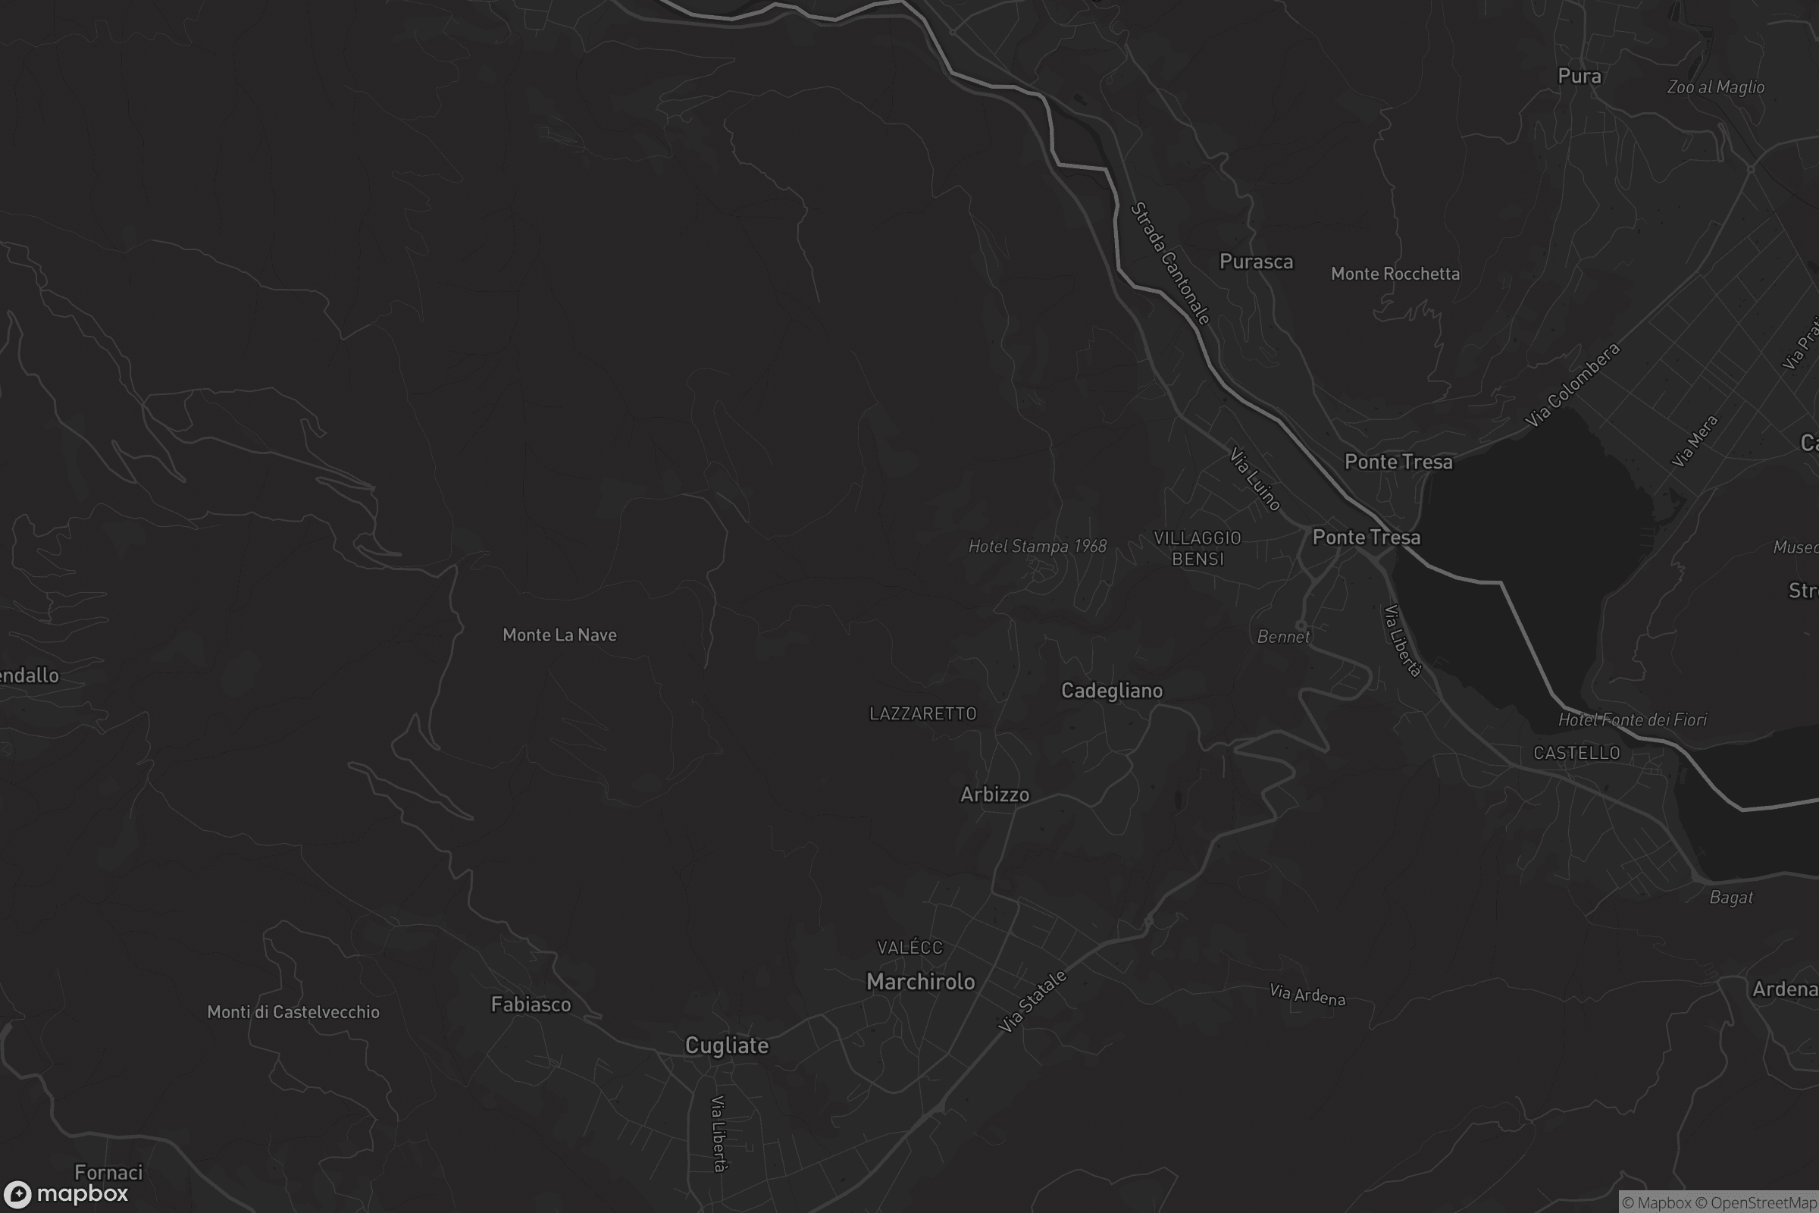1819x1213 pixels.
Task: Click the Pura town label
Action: [x=1579, y=77]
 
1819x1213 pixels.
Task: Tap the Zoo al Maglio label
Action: [x=1715, y=87]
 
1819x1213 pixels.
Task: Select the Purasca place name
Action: [x=1256, y=262]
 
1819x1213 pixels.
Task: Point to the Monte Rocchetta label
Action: [x=1395, y=274]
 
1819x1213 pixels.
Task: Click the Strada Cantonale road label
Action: [x=1170, y=263]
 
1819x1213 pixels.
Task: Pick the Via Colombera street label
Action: [x=1571, y=385]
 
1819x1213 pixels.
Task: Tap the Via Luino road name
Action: [x=1254, y=480]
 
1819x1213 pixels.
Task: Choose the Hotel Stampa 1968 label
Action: [x=1037, y=547]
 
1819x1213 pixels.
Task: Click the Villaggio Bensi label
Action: [x=1198, y=548]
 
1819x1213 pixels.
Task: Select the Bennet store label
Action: [x=1283, y=638]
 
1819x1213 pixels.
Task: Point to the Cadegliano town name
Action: [x=1111, y=691]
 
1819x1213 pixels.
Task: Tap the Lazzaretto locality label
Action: [x=922, y=714]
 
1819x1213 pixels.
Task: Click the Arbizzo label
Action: [x=994, y=795]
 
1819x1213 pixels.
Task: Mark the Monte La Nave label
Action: [x=559, y=636]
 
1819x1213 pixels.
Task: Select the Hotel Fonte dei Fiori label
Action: [x=1632, y=720]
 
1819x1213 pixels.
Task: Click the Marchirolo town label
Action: [x=920, y=983]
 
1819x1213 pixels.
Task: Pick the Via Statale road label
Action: [x=1032, y=1001]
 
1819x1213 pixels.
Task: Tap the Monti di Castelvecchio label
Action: [x=293, y=1013]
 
